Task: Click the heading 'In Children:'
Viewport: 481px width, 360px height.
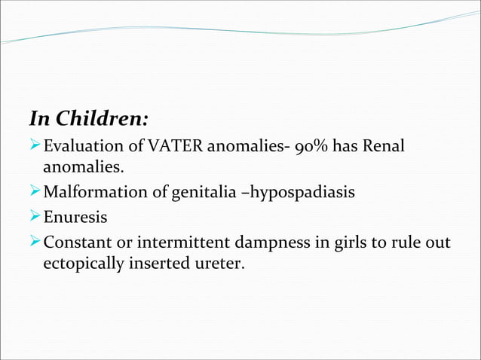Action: pyautogui.click(x=88, y=119)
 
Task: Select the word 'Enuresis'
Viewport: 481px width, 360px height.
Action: pyautogui.click(x=75, y=218)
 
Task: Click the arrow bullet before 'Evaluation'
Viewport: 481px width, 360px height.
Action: pyautogui.click(x=35, y=145)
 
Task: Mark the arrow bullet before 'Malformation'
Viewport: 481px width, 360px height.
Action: pyautogui.click(x=35, y=193)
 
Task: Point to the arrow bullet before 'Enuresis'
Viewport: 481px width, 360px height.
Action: pyautogui.click(x=35, y=218)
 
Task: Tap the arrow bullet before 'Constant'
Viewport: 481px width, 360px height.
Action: pyautogui.click(x=35, y=242)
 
